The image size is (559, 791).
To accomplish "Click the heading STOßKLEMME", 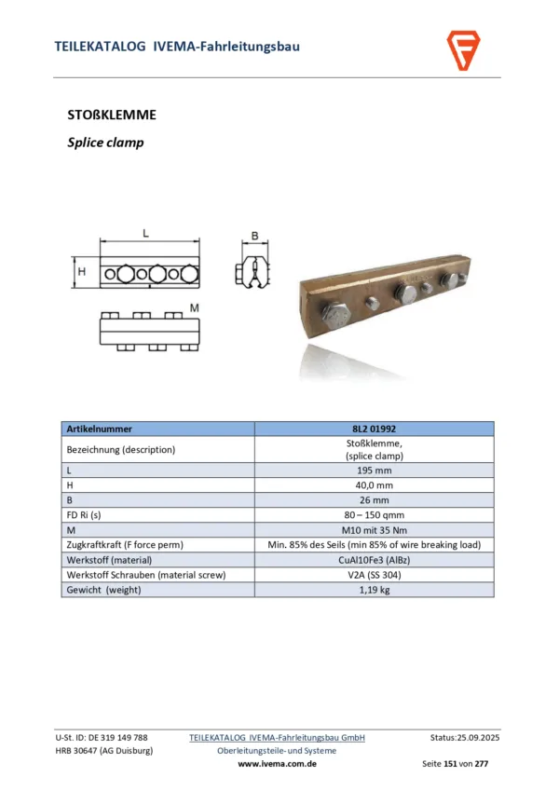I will tap(112, 116).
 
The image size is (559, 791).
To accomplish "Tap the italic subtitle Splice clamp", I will tap(105, 143).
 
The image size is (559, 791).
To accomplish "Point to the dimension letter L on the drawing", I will tap(146, 235).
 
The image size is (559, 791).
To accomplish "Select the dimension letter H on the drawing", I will tap(82, 271).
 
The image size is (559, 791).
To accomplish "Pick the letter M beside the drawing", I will tap(194, 307).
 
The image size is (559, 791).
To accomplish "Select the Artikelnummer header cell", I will tap(100, 429).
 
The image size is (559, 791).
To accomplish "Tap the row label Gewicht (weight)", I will tap(103, 590).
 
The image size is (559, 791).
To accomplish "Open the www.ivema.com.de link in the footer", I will tap(278, 763).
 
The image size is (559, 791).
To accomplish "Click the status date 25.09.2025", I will tap(478, 737).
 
